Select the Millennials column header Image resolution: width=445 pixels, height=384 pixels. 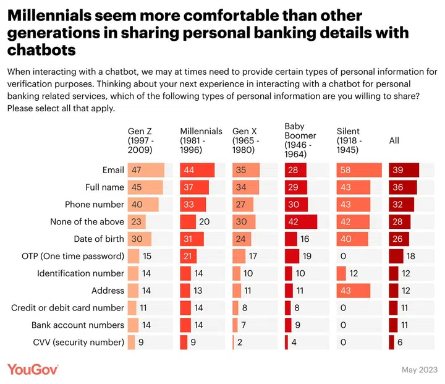click(x=201, y=140)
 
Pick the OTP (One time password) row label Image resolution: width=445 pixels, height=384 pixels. click(x=81, y=256)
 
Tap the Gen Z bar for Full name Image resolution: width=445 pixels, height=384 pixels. click(x=145, y=187)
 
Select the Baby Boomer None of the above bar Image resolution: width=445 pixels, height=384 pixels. click(x=300, y=221)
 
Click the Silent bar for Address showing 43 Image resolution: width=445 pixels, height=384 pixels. click(x=354, y=291)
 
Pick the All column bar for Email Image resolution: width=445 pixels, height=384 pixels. click(x=404, y=170)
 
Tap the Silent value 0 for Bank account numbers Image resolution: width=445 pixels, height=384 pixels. click(x=342, y=325)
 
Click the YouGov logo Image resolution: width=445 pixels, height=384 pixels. click(x=33, y=369)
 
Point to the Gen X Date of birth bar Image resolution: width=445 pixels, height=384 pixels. click(x=242, y=239)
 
